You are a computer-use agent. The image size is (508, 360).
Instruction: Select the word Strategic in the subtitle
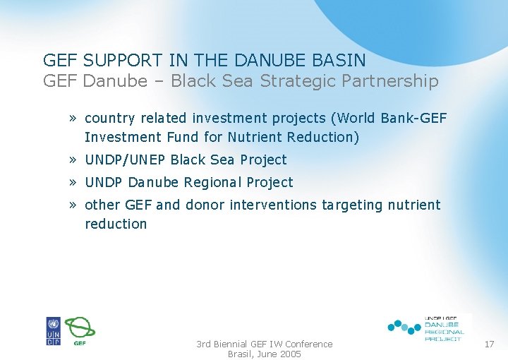tap(301, 81)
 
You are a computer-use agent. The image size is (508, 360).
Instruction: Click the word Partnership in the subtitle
tap(392, 81)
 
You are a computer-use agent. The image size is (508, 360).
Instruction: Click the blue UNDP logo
tap(54, 331)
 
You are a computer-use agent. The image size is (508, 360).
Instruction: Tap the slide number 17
tap(489, 344)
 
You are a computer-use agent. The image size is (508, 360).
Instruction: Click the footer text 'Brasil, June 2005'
tap(264, 354)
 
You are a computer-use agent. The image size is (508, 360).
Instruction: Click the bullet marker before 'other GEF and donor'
tap(73, 205)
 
